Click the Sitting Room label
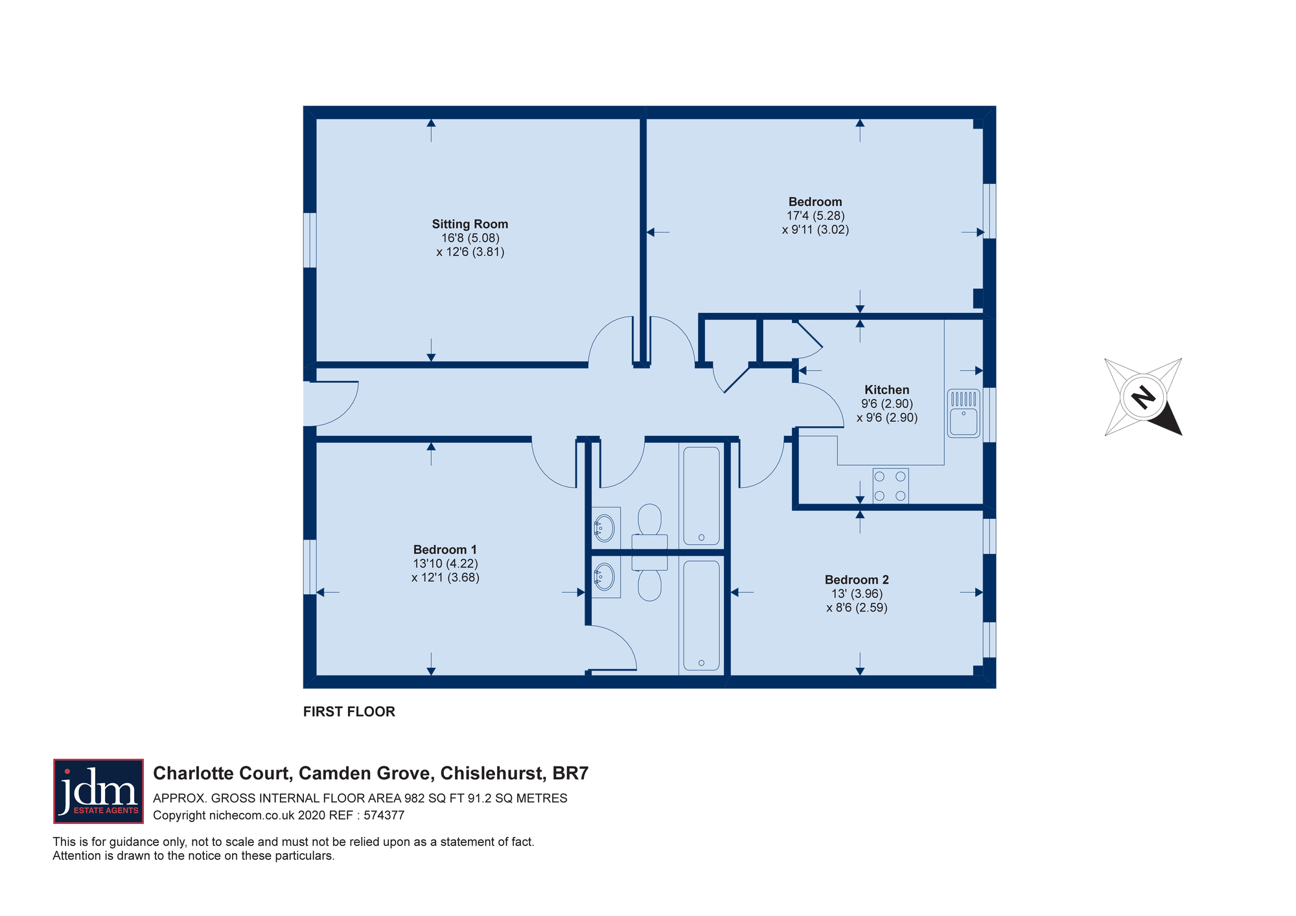(x=470, y=224)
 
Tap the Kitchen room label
(x=886, y=390)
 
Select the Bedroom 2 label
(x=857, y=580)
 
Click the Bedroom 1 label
(x=445, y=549)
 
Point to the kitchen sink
(x=964, y=413)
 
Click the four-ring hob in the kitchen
(x=890, y=486)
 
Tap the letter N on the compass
(x=1143, y=396)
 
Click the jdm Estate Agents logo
(x=98, y=791)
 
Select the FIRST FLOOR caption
(x=349, y=712)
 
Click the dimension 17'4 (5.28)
(x=815, y=216)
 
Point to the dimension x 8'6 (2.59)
(x=857, y=608)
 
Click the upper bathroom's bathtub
(x=701, y=496)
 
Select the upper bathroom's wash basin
(x=605, y=528)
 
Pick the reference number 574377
(x=384, y=816)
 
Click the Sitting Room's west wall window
(x=310, y=240)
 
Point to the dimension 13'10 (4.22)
(x=445, y=564)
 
